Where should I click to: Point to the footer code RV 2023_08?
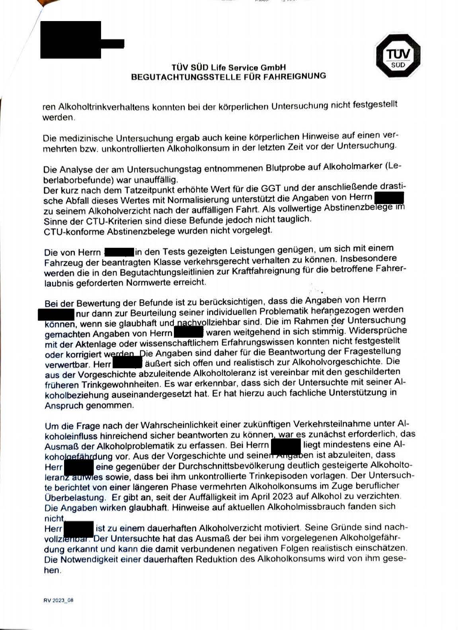click(x=58, y=600)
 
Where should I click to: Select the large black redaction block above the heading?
click(x=72, y=40)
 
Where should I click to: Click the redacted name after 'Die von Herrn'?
click(x=119, y=251)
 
